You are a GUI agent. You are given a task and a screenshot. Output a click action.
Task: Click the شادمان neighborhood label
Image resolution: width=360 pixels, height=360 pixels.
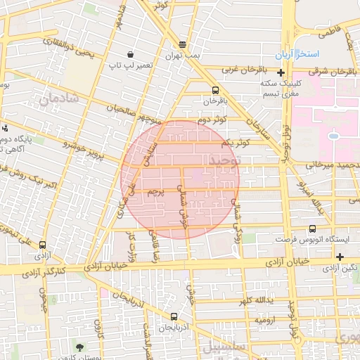click(x=68, y=101)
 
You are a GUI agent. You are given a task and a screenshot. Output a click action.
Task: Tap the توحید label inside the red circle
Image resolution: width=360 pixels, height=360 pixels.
click(x=223, y=161)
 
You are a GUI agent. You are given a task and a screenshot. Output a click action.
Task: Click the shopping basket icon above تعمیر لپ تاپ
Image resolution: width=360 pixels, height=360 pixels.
click(x=130, y=54)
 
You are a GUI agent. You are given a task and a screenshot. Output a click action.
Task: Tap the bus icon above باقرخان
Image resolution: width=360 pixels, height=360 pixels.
click(x=214, y=90)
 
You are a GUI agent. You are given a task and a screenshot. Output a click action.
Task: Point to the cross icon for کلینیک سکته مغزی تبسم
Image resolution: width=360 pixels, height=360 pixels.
click(x=281, y=72)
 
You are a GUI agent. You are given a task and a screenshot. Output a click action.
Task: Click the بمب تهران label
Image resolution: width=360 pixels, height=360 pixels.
click(x=183, y=55)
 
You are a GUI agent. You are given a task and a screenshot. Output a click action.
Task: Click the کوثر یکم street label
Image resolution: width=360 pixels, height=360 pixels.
click(x=236, y=143)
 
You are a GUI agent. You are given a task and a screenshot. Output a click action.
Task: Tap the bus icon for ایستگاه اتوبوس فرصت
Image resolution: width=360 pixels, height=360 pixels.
click(x=312, y=229)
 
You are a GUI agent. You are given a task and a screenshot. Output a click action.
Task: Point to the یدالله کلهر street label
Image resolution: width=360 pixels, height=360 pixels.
click(x=254, y=301)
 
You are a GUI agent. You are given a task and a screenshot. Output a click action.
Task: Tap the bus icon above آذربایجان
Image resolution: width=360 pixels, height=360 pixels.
click(x=174, y=316)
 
